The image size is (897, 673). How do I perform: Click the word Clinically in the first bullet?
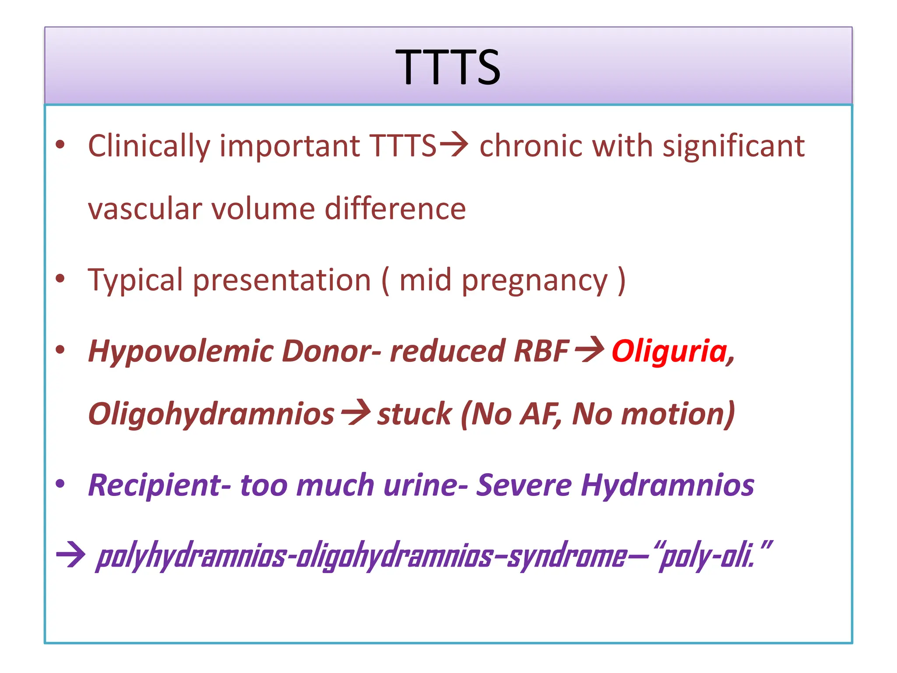pyautogui.click(x=149, y=146)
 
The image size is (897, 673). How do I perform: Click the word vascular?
pyautogui.click(x=145, y=209)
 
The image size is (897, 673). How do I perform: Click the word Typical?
pyautogui.click(x=135, y=280)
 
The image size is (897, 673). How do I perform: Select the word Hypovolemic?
pyautogui.click(x=180, y=351)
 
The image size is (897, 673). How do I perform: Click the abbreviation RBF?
pyautogui.click(x=541, y=351)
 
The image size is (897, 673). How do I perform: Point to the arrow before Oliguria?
pyautogui.click(x=590, y=350)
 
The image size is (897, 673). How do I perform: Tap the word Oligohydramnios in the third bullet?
pyautogui.click(x=211, y=414)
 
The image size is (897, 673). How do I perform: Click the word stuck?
pyautogui.click(x=414, y=414)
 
